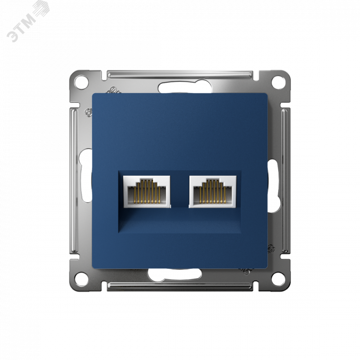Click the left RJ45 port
pos(147,192)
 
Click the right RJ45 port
pos(213,192)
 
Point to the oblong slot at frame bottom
pos(175,274)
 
